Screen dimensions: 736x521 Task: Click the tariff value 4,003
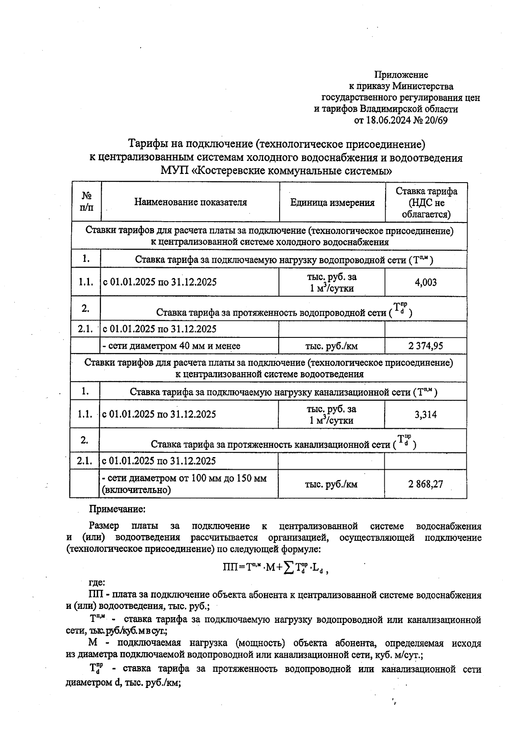(425, 283)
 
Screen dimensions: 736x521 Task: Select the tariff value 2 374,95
(425, 346)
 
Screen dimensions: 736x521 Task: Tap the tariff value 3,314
(425, 415)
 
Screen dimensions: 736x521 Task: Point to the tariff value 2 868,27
(425, 484)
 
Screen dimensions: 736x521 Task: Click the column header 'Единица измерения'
(332, 203)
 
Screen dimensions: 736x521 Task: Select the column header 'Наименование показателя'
(190, 202)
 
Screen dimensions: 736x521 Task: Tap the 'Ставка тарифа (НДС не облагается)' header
(426, 203)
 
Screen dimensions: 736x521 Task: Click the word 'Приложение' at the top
(401, 75)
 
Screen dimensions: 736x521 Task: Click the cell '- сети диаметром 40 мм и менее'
(171, 346)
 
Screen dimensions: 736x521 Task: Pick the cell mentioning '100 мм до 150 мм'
(184, 484)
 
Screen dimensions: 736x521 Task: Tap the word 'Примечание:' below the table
(117, 509)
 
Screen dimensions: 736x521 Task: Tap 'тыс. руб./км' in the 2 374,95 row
(332, 346)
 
